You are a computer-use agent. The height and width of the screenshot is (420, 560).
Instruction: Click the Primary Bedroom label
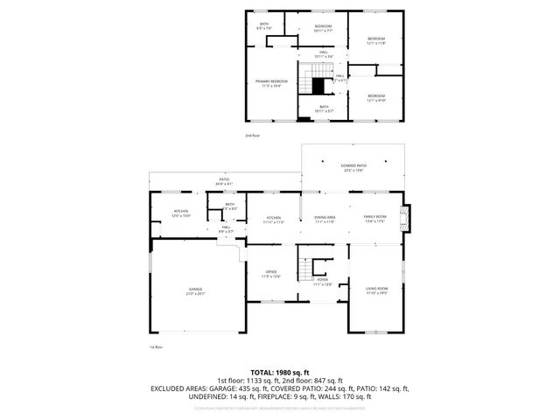[x=272, y=83]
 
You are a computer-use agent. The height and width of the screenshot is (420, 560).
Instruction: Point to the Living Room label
[x=376, y=290]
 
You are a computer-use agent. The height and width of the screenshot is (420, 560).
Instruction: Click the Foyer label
[x=324, y=283]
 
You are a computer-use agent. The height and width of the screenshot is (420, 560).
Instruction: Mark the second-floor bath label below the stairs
[x=324, y=109]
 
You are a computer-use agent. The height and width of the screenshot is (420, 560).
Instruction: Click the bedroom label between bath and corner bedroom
[x=324, y=28]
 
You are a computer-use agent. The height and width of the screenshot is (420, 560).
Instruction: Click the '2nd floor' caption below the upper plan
[x=252, y=136]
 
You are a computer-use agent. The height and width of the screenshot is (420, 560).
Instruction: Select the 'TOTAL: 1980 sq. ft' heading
[x=279, y=372]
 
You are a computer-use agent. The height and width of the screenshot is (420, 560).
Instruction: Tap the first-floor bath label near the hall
[x=229, y=206]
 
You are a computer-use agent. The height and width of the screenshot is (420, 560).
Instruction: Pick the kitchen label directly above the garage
[x=181, y=213]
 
